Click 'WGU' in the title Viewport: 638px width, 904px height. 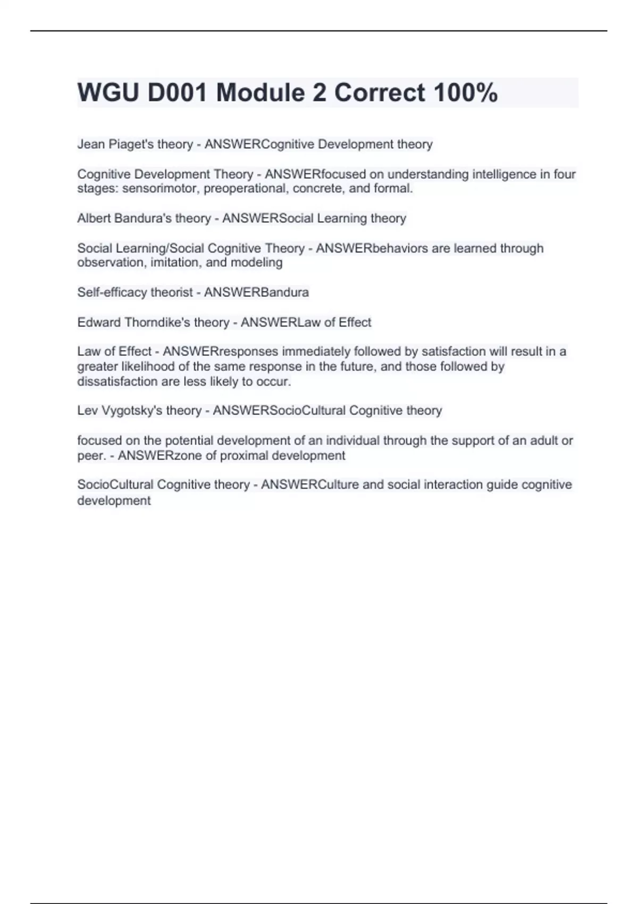tap(108, 93)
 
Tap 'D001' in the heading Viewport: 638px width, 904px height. tap(177, 93)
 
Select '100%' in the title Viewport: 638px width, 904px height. tap(466, 93)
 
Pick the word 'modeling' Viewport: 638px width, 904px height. tap(257, 262)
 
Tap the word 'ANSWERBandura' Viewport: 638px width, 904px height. tap(256, 292)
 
